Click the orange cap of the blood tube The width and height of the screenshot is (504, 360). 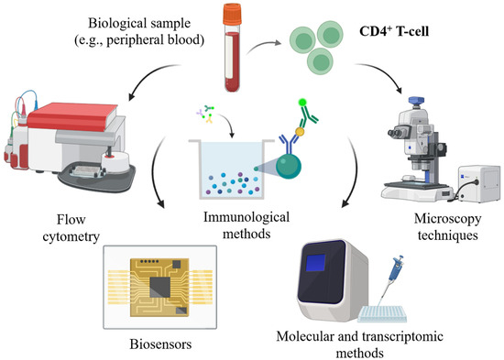[233, 14]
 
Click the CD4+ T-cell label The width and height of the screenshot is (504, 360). [394, 31]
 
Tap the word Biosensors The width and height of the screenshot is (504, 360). [160, 344]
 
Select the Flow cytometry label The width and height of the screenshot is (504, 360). [71, 228]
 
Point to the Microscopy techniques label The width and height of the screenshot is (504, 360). [447, 227]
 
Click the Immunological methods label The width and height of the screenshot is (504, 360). [247, 225]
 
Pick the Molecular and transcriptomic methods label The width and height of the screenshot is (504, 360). [360, 344]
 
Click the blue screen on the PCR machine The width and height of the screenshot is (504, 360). [315, 262]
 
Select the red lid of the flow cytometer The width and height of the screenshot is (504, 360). [72, 116]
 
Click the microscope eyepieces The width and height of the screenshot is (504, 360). [395, 133]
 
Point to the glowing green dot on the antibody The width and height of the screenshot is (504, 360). [302, 103]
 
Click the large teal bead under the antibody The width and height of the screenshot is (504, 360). [289, 166]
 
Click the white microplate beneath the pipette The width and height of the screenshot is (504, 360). [382, 314]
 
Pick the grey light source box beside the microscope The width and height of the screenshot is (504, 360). [479, 184]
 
